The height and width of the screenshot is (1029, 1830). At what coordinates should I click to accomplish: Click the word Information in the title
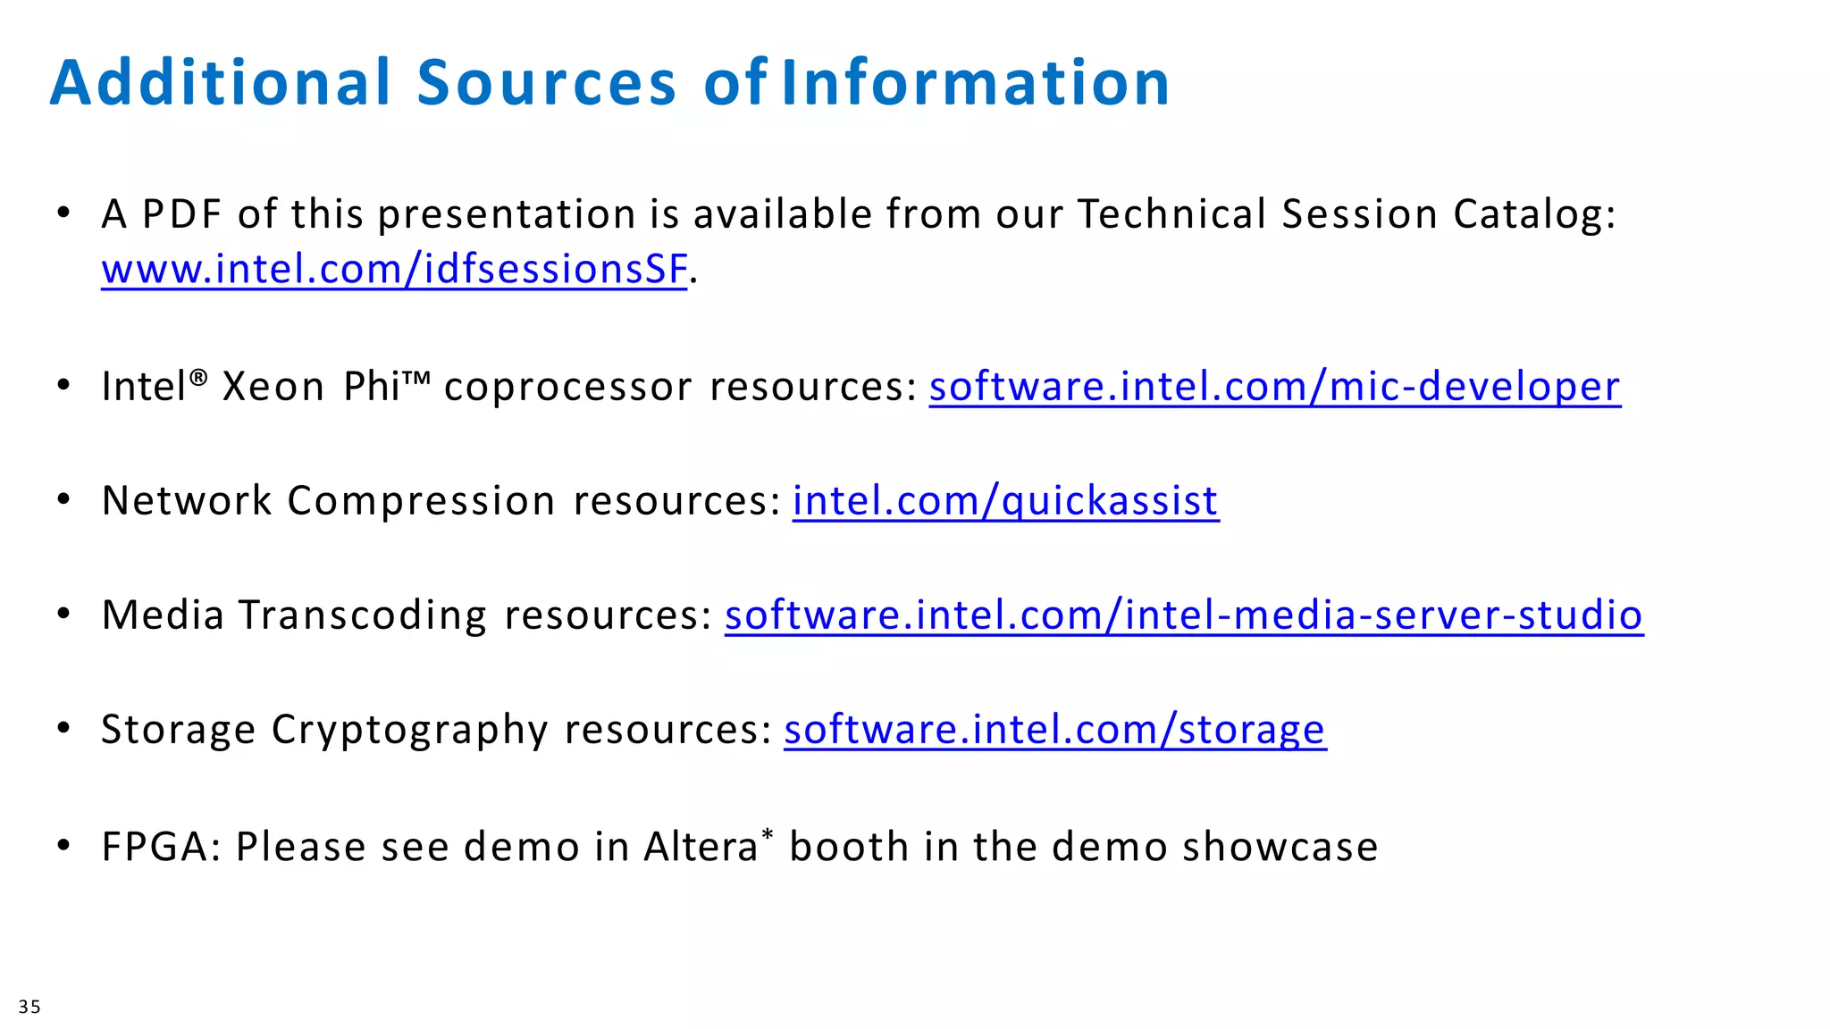coord(975,82)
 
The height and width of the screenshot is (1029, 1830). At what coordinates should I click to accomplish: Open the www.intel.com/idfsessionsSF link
coord(394,269)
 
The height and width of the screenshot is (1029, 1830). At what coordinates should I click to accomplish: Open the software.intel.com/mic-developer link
coord(1274,387)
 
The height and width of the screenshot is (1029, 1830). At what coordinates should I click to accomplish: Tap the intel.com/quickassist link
coord(1005,501)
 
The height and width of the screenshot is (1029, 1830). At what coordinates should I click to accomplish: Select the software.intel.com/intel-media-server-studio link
coord(1183,615)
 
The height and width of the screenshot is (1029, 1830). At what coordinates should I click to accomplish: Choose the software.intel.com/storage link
coord(1054,730)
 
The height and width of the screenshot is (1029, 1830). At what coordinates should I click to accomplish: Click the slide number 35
coord(29,1007)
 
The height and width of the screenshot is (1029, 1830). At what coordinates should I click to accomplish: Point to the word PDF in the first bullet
coord(181,214)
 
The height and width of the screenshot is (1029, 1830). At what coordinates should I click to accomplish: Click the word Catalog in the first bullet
coord(1533,214)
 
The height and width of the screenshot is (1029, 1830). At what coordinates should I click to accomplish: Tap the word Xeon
coord(273,387)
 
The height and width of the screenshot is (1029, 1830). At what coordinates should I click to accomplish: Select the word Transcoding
coord(363,615)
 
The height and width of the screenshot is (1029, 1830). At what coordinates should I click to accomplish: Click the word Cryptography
coord(409,730)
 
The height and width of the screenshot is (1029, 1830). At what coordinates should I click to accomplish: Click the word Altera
coord(701,847)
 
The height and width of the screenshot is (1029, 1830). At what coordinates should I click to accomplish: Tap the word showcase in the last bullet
coord(1280,847)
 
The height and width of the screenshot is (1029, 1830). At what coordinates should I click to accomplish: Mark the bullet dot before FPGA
coord(63,844)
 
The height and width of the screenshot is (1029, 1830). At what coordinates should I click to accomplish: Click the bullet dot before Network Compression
coord(63,499)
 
